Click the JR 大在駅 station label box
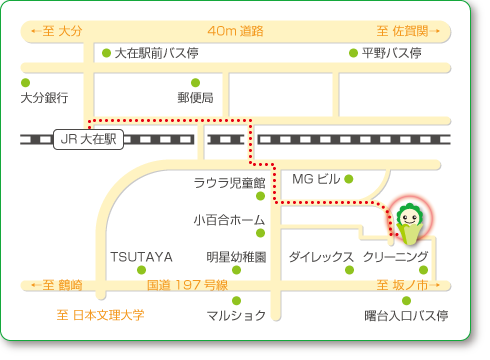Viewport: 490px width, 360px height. tap(88, 141)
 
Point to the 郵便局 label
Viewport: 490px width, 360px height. tap(196, 98)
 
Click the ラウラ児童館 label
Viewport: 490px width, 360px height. tap(228, 183)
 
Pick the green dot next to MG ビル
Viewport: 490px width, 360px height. tap(349, 180)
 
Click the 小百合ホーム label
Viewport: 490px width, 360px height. tap(229, 219)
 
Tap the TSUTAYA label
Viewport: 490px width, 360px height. tap(142, 256)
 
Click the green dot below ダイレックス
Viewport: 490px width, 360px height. tap(349, 270)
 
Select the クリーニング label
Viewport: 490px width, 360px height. tap(396, 256)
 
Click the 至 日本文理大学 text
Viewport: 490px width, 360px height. tap(100, 316)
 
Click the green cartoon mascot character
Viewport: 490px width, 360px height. tap(408, 222)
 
